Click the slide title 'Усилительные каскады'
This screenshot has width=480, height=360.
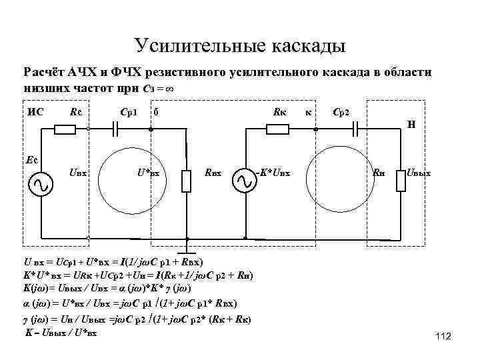tap(240, 45)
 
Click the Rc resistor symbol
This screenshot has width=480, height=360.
tap(65, 130)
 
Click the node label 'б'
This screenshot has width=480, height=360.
tap(155, 111)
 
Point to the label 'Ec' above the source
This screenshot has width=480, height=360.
tap(31, 159)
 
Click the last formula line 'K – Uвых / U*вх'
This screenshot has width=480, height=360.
tap(61, 331)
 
